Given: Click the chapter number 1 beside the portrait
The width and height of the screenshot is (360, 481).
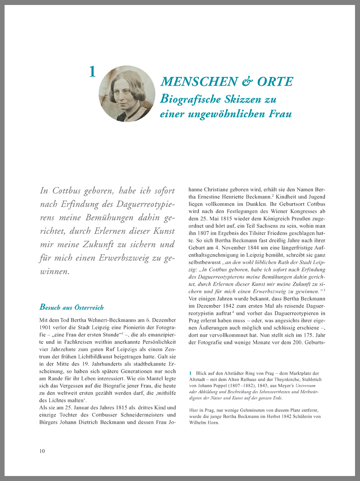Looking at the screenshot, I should (92, 72).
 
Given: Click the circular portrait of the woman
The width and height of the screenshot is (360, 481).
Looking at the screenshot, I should (127, 94).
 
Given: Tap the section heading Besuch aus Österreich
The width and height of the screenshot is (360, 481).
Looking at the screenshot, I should (72, 308).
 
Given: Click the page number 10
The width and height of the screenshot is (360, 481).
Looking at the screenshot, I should (42, 451).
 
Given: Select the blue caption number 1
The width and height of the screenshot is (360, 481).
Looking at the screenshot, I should (190, 374).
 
